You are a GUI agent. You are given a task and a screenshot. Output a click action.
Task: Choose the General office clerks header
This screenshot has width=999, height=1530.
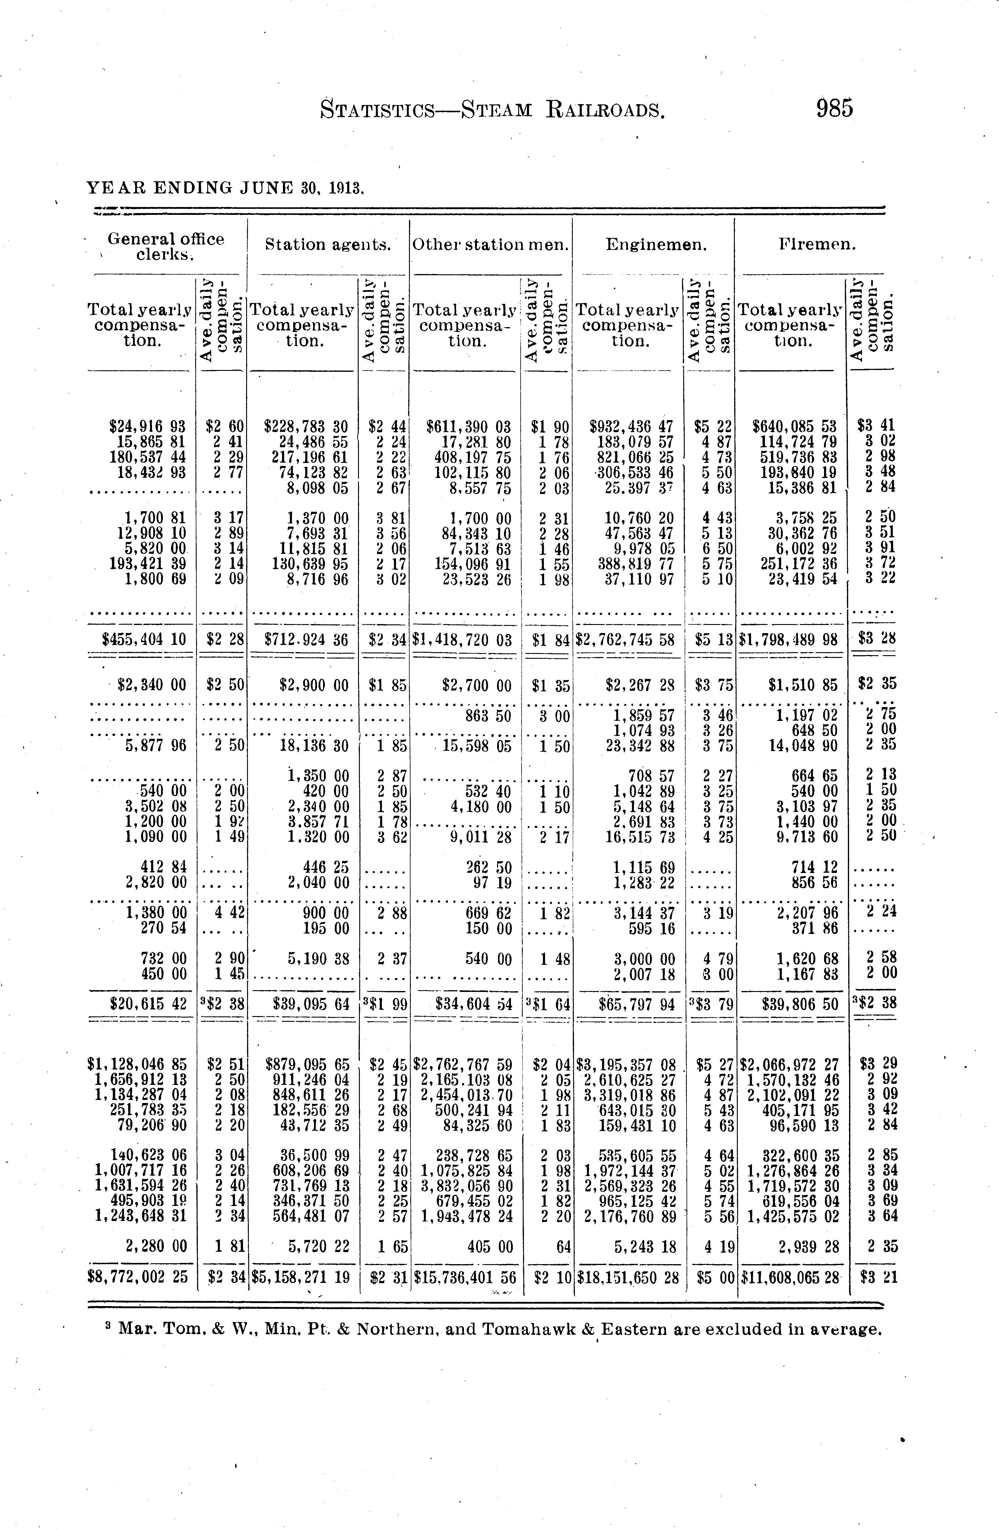point(166,246)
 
